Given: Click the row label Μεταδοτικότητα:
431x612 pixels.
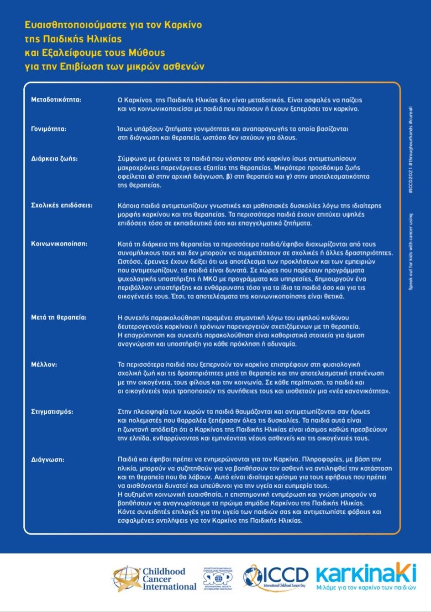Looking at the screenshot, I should [x=56, y=100].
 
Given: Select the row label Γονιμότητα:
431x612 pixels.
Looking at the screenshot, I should [x=49, y=129].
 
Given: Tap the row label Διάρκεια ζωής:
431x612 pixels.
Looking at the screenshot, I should [x=54, y=159].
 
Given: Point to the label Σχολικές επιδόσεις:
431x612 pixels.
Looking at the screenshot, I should [x=62, y=205].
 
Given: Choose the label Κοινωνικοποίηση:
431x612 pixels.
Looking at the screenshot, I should [x=59, y=244].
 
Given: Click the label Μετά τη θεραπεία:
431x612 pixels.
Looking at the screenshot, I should [x=58, y=317].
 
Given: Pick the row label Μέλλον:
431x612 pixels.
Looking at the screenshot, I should [x=44, y=365].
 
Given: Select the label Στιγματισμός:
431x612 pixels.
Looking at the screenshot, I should [x=52, y=411].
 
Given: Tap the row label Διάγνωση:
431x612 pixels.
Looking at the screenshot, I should [x=47, y=459].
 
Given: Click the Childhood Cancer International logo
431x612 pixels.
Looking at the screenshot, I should [x=155, y=579].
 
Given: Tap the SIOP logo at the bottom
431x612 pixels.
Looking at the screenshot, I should [x=218, y=579].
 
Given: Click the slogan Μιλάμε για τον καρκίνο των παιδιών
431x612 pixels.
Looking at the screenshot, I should [x=366, y=588].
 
